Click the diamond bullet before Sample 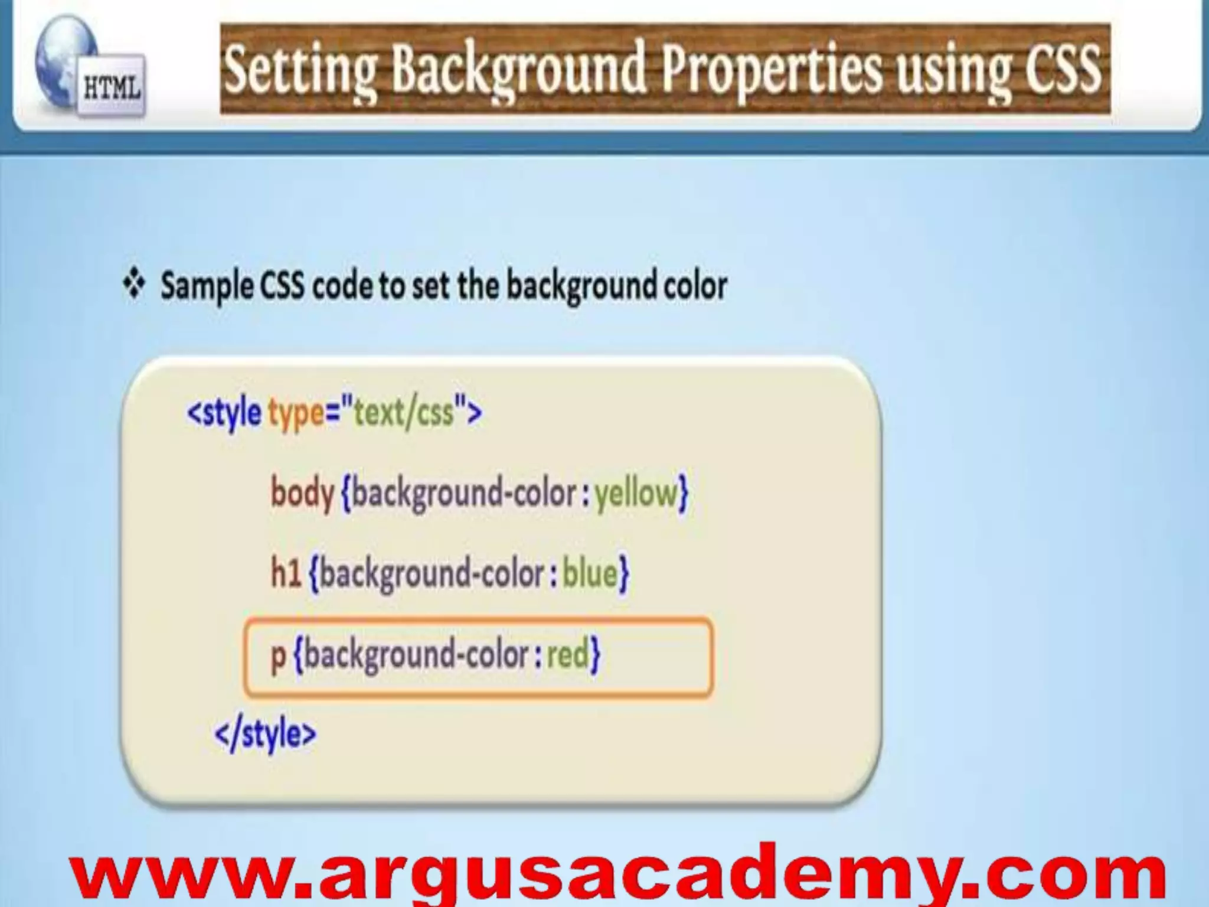pos(134,285)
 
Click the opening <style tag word pos(224,412)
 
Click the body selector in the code pos(302,492)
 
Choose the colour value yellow pos(636,494)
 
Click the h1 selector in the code pos(286,573)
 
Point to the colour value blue pos(590,573)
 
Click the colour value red pos(568,654)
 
